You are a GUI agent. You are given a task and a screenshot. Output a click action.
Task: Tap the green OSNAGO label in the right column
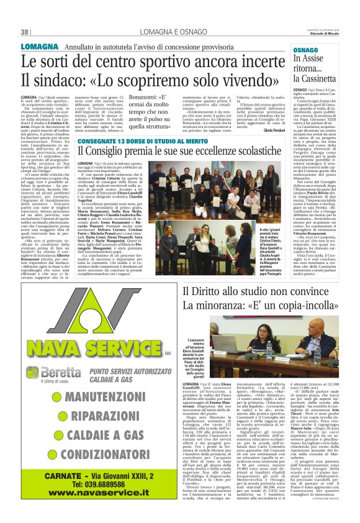coord(305,48)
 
